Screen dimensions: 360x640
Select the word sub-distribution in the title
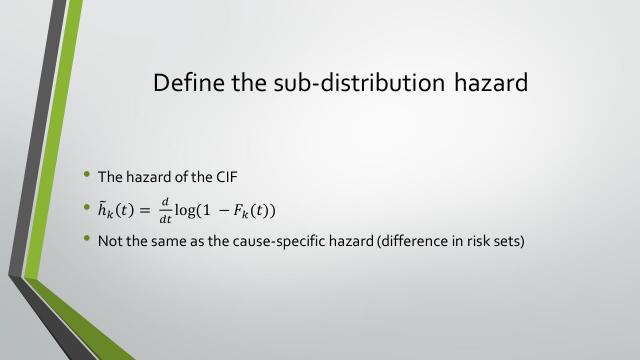(x=351, y=82)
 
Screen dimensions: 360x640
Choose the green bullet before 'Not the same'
(x=87, y=240)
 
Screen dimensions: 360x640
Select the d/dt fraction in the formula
(x=166, y=209)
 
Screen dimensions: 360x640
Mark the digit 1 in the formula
(x=213, y=209)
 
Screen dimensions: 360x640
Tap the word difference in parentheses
(x=407, y=241)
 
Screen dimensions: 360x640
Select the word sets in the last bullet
(x=505, y=241)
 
